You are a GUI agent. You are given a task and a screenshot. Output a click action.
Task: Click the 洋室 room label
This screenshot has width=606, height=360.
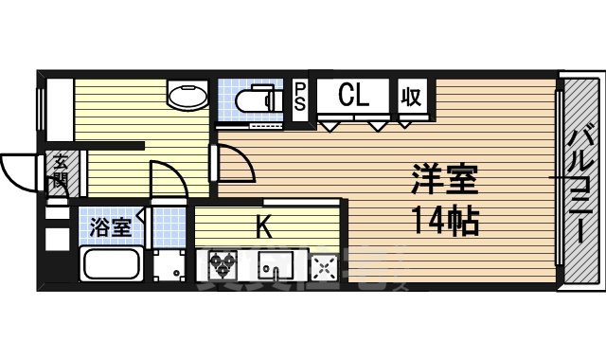coord(445,179)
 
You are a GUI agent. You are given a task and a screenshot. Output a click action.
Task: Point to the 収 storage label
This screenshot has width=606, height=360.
coord(411,96)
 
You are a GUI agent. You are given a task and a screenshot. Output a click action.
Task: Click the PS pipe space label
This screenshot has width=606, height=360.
coord(299,97)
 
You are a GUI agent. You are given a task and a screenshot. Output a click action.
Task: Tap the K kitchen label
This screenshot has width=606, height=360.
coord(265,226)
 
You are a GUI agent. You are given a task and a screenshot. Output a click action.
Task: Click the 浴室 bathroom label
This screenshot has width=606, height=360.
coord(110,227)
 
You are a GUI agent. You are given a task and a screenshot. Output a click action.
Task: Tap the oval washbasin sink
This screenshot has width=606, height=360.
coord(187,94)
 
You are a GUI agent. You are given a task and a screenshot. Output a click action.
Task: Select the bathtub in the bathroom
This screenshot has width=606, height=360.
coord(112,264)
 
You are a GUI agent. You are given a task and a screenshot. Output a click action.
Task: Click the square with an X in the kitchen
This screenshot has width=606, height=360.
coord(325,267)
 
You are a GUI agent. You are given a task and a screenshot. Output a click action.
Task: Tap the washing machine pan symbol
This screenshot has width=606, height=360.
coord(171,265)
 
